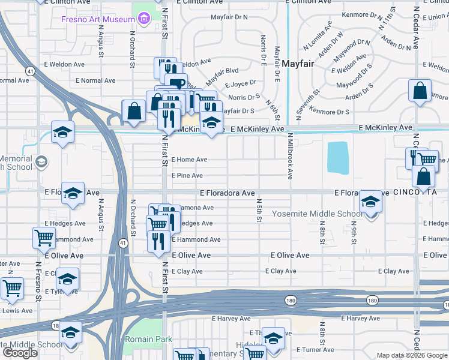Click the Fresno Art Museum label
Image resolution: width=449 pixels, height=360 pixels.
point(97,20)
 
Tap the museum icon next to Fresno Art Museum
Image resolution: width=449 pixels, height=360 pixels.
point(143,20)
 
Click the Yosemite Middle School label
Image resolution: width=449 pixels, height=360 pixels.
point(318,214)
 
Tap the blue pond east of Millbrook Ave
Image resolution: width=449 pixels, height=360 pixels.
point(338,157)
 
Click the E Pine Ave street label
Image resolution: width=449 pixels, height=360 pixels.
point(187,176)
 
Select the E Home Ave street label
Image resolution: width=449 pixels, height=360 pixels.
point(189,160)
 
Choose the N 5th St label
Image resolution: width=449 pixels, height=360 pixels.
point(260,210)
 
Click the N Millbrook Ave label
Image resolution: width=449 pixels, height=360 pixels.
point(289,160)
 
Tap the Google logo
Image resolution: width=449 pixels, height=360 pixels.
point(20,353)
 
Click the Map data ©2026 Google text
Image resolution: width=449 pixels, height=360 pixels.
point(412,355)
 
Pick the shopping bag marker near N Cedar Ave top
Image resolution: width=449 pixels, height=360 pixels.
point(420,91)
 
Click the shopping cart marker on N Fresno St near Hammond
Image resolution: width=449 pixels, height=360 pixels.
point(44,238)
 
